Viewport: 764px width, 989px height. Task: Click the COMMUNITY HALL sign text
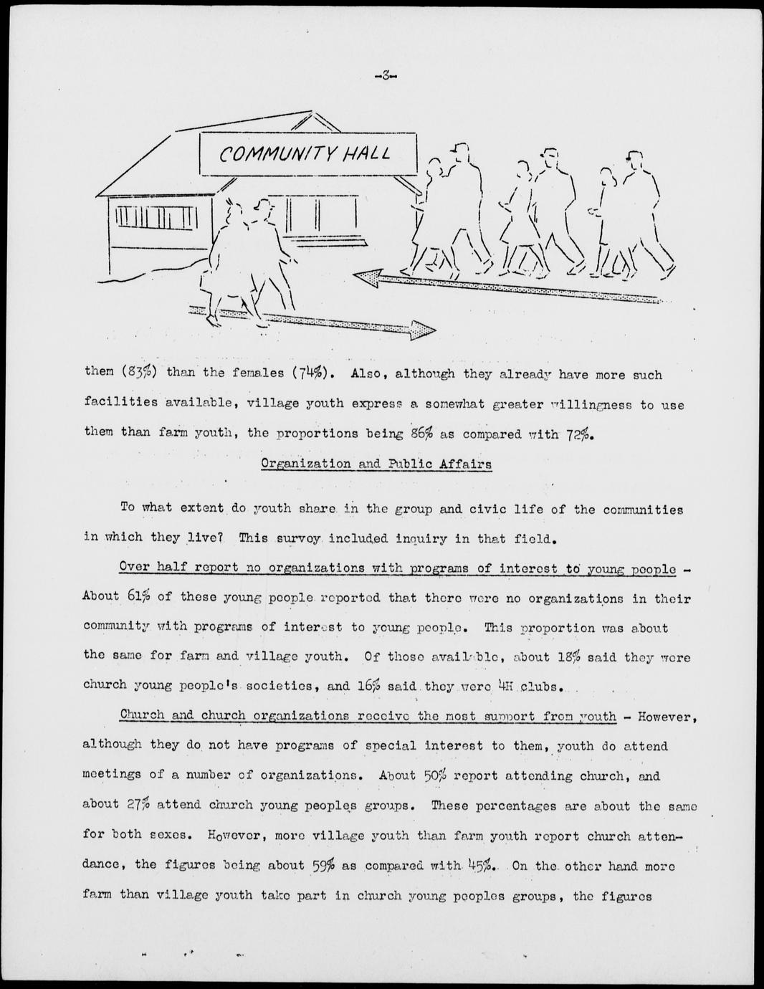point(305,153)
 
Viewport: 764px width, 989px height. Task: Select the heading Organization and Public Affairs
point(376,464)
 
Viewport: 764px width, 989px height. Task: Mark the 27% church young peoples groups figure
point(138,804)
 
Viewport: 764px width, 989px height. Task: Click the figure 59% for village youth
point(323,865)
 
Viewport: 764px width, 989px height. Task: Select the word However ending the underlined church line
point(667,716)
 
